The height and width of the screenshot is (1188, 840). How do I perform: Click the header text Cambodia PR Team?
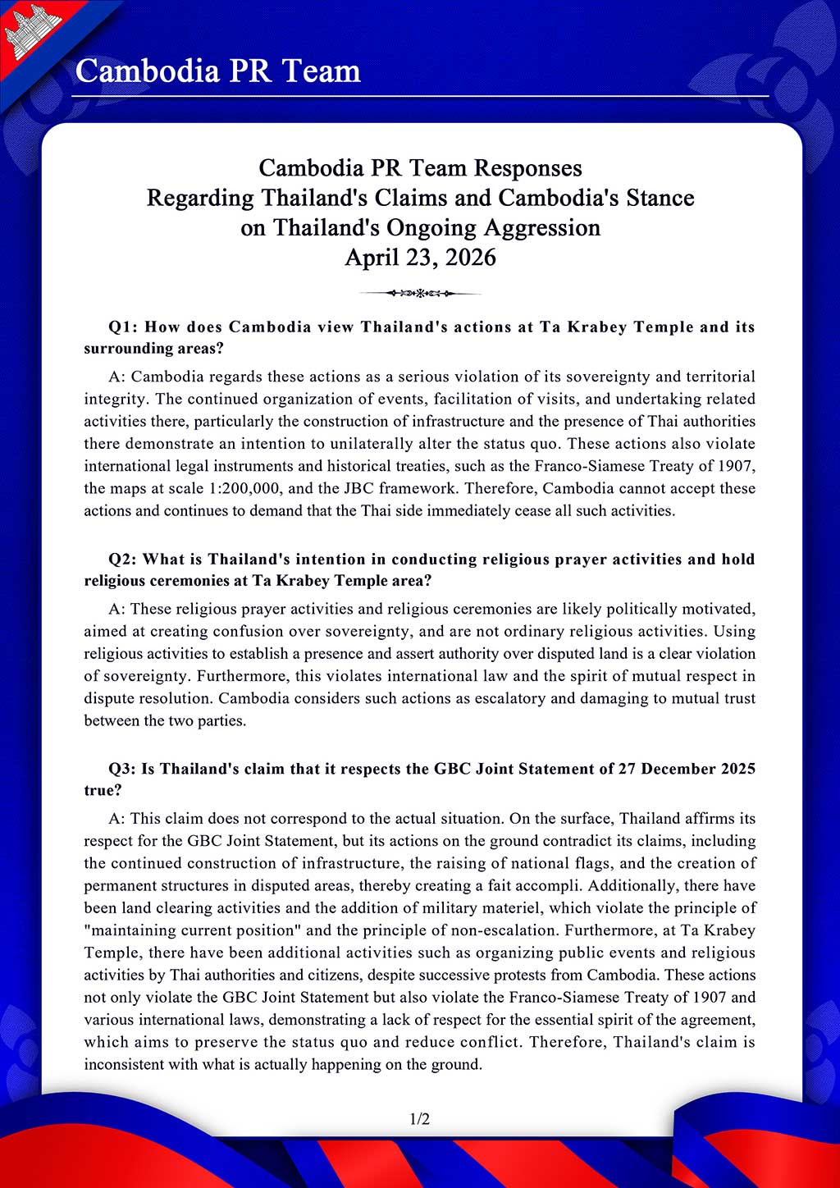217,71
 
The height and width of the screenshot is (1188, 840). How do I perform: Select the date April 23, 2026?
420,258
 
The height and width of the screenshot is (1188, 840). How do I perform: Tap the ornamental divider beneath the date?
420,293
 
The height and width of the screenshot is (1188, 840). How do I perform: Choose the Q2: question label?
124,560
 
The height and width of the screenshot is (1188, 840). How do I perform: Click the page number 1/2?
420,1119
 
